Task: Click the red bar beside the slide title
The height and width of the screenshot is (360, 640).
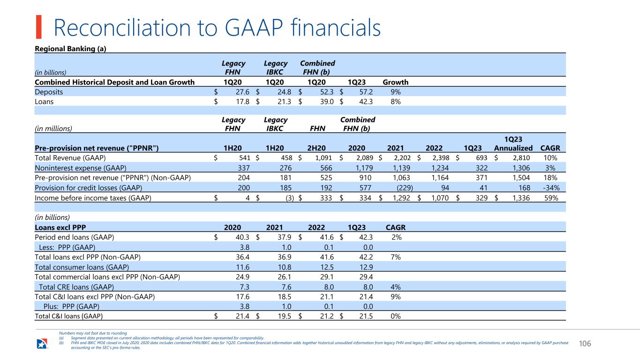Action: click(x=38, y=27)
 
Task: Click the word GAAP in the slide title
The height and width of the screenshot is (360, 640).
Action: click(x=254, y=28)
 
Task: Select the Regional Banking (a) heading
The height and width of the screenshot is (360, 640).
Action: click(x=70, y=49)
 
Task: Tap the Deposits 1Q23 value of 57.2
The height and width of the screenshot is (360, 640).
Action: click(x=366, y=92)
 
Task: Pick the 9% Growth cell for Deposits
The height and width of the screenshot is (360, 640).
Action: click(x=395, y=92)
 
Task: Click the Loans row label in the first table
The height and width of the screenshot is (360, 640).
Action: click(x=44, y=101)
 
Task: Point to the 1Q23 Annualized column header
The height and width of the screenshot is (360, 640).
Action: click(x=513, y=143)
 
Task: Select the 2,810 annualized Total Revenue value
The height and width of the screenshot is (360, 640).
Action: click(x=521, y=157)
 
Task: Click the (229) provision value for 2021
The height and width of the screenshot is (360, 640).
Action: click(x=405, y=187)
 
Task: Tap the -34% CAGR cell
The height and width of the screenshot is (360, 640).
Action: click(x=551, y=187)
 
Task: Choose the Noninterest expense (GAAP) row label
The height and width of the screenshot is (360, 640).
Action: click(x=80, y=168)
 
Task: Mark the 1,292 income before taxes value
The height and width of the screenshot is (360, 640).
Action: click(x=401, y=198)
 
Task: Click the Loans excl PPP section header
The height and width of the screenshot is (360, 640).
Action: click(x=60, y=227)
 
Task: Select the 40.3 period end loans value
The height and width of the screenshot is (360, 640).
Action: click(x=242, y=237)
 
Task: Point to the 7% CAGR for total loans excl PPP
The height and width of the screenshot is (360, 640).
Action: click(x=395, y=257)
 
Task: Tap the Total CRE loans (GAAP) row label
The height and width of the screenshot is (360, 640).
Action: click(x=76, y=287)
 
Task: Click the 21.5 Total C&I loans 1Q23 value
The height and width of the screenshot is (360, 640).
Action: click(x=366, y=316)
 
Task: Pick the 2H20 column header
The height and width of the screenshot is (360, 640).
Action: click(x=316, y=148)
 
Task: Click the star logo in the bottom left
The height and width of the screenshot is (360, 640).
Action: click(x=42, y=344)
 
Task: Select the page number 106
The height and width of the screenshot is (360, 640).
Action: click(x=585, y=344)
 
